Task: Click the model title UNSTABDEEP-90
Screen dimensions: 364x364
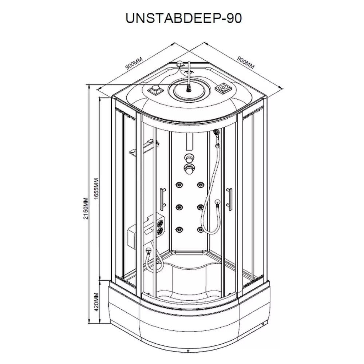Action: [x=183, y=18]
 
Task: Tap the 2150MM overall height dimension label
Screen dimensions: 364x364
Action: [x=86, y=209]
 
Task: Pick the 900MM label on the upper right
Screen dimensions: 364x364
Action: [x=246, y=62]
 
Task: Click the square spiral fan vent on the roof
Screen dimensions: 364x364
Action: [x=223, y=88]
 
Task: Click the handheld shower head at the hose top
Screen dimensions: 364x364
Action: [x=216, y=132]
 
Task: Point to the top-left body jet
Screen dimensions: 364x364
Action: [x=179, y=185]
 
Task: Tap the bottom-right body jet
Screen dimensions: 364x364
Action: [x=200, y=230]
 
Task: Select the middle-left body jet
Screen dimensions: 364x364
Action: [x=179, y=206]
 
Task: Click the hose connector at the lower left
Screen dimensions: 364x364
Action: [x=148, y=251]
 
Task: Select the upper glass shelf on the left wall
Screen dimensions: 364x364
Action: [x=151, y=142]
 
